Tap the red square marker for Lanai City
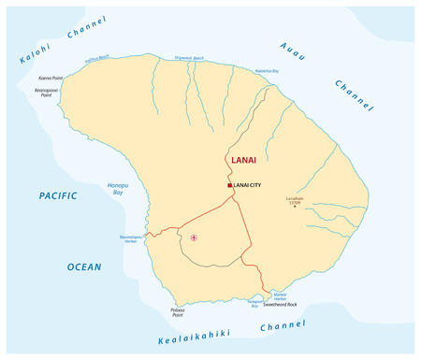click(229, 185)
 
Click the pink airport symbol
click(195, 238)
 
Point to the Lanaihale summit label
click(294, 199)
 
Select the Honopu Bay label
click(118, 188)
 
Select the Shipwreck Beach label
click(186, 58)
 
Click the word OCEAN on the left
click(83, 266)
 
